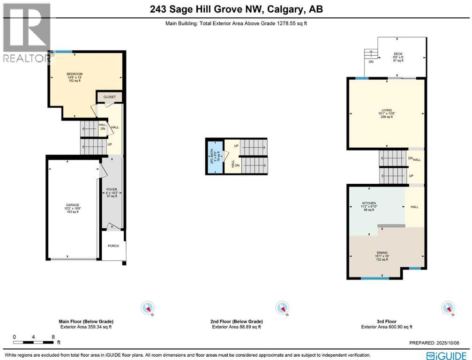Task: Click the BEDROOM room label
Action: click(74, 74)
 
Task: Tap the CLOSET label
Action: click(109, 97)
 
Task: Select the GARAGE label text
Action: click(73, 205)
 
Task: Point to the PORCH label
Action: click(113, 246)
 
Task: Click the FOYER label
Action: click(111, 190)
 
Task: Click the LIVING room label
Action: click(386, 110)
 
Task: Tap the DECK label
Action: click(398, 54)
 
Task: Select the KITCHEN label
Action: click(369, 203)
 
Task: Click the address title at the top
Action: click(236, 9)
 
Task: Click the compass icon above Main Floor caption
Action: click(148, 308)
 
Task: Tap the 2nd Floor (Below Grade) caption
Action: click(236, 322)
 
